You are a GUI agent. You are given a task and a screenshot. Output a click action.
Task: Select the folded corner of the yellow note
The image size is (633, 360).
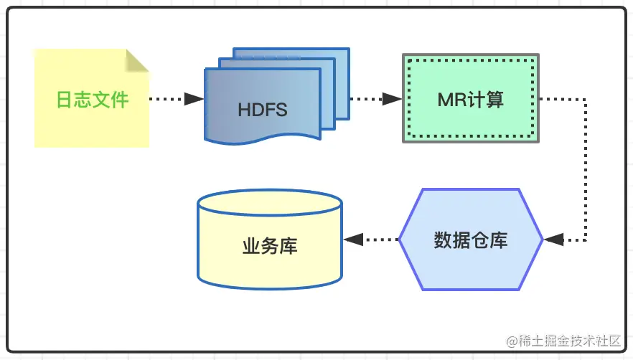tap(138, 60)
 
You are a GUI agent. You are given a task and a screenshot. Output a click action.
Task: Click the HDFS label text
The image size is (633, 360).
tap(262, 110)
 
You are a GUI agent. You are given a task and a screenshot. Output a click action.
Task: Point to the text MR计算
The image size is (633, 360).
tap(470, 99)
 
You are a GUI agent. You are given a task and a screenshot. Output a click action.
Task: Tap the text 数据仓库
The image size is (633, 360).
tap(471, 240)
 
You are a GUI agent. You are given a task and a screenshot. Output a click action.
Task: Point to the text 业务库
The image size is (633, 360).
tap(269, 247)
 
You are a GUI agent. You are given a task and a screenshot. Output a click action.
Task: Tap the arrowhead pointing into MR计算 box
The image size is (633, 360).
tap(392, 99)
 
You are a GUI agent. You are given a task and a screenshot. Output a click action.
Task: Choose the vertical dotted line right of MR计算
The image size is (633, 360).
tap(586, 169)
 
